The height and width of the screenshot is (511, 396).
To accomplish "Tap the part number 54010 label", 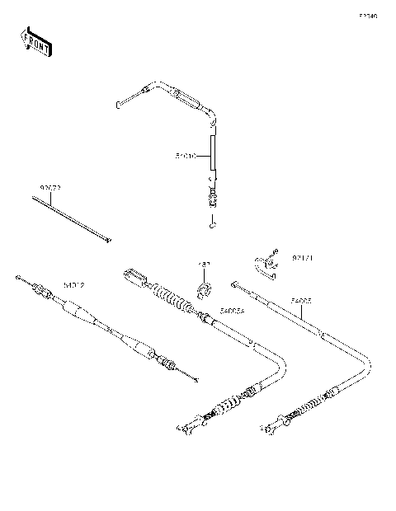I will [x=185, y=155].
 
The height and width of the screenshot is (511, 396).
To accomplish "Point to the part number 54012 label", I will [x=74, y=285].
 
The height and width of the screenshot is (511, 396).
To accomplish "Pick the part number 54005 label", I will [x=300, y=302].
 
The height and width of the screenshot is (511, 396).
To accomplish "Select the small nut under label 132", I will [x=205, y=288].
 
